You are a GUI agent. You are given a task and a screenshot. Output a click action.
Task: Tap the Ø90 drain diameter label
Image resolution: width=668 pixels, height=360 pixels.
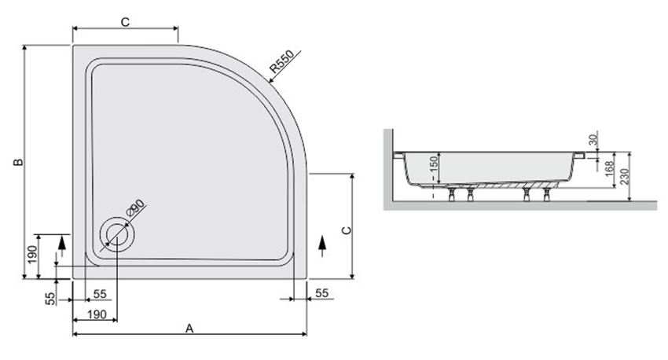click(135, 208)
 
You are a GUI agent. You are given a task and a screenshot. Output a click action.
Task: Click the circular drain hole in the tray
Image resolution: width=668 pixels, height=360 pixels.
click(117, 234)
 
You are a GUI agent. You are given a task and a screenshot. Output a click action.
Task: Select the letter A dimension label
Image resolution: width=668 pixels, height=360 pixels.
click(189, 328)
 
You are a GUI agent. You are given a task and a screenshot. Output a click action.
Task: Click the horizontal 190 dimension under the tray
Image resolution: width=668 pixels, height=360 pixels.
click(96, 314)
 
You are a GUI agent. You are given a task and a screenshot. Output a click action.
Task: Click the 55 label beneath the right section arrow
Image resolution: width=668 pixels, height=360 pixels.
click(321, 292)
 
